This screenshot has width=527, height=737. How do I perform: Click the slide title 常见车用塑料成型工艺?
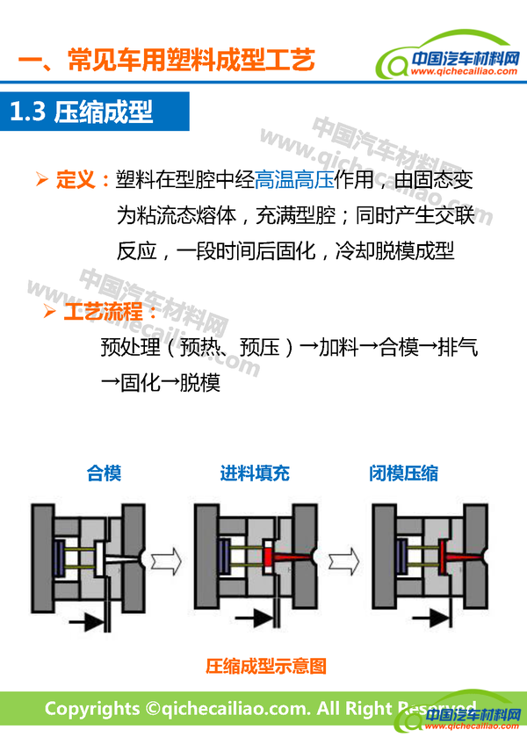click(191, 60)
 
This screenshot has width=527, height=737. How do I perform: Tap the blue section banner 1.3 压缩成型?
click(95, 112)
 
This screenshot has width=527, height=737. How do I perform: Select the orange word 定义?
click(76, 179)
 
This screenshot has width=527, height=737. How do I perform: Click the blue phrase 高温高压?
click(294, 179)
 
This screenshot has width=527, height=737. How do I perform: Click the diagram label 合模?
click(104, 473)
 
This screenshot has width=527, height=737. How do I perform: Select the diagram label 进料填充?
click(255, 473)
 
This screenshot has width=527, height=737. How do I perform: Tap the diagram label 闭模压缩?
click(403, 473)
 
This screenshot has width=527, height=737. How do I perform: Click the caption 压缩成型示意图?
click(265, 666)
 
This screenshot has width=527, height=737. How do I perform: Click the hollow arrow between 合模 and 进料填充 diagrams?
click(166, 560)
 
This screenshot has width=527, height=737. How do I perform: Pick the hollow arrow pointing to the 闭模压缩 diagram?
click(343, 560)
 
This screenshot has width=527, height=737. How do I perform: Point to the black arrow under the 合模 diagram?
click(87, 622)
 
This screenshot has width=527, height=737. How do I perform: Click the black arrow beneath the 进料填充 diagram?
click(253, 618)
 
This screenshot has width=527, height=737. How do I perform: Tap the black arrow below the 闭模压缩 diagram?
click(430, 618)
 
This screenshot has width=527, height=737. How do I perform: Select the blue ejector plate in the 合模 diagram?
click(60, 560)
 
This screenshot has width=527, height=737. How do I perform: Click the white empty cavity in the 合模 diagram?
click(100, 559)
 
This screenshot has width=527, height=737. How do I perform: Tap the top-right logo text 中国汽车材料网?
click(466, 59)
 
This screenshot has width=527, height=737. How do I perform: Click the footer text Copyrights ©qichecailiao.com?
click(177, 708)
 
